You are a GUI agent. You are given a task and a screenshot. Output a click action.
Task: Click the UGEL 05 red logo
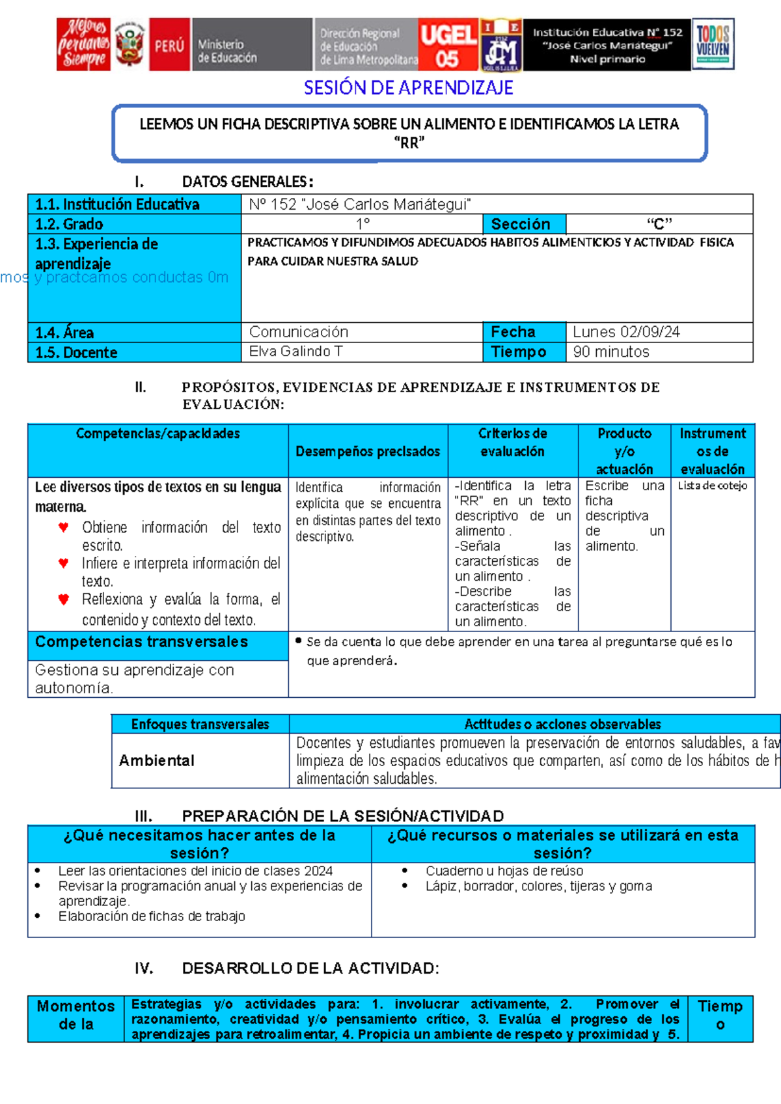(x=448, y=44)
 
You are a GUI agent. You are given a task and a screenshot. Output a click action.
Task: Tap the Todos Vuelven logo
(x=713, y=44)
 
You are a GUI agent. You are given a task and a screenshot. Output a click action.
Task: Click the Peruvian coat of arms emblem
(x=130, y=44)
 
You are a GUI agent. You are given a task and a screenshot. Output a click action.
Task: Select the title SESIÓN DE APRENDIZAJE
(x=408, y=88)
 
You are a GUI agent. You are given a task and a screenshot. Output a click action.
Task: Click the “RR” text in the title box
(x=409, y=143)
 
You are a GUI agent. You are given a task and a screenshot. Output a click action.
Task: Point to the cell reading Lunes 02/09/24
(x=626, y=332)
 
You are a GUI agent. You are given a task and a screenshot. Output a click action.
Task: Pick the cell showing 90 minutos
(x=611, y=352)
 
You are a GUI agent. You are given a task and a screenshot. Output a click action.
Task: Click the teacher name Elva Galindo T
(x=295, y=352)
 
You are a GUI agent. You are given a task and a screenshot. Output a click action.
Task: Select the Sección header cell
(x=521, y=224)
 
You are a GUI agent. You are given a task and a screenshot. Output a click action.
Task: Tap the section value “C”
(x=659, y=225)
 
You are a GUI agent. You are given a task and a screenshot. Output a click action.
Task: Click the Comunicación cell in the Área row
(x=299, y=332)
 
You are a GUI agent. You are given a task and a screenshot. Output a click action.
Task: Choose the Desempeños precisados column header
(x=368, y=451)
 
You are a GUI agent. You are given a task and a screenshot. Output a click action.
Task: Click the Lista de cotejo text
(x=712, y=486)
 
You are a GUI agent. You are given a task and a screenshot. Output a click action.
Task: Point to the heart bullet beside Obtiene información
(x=63, y=527)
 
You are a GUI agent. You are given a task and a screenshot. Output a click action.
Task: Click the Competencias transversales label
(x=141, y=642)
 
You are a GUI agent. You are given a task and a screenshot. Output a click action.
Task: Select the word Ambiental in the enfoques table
(x=157, y=760)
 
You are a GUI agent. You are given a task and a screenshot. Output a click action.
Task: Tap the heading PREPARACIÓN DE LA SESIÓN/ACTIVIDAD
(x=342, y=816)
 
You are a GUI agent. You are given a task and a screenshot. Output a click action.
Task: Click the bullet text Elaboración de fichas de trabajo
(x=152, y=916)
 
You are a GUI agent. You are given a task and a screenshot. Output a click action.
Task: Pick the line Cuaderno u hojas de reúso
(x=504, y=871)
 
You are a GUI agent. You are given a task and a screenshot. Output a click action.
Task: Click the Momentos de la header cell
(x=75, y=1015)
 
